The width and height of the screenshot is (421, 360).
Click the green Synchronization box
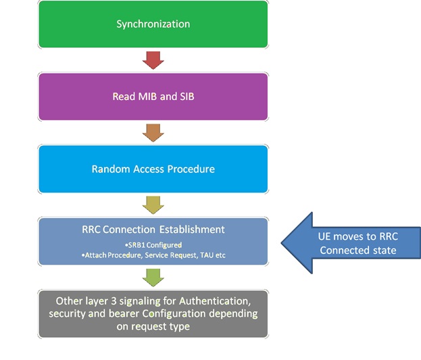[x=153, y=24]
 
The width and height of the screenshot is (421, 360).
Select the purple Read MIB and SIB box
[x=153, y=97]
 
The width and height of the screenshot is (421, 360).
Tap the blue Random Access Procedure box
[x=153, y=169]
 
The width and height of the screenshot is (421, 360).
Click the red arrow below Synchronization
[x=153, y=61]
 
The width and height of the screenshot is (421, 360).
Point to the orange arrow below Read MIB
[x=153, y=132]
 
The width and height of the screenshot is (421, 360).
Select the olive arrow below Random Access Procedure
[x=153, y=205]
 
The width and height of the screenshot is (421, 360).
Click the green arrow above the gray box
[x=153, y=277]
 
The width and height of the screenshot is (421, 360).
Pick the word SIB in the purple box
[x=185, y=97]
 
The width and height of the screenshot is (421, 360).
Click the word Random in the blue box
[x=109, y=169]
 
